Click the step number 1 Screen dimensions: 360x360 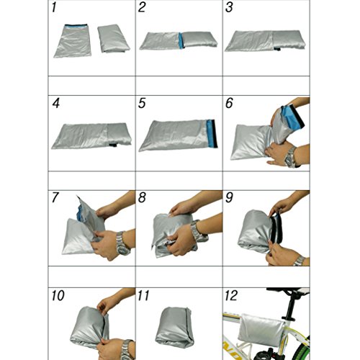tap(54, 7)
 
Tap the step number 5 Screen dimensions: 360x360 tap(142, 103)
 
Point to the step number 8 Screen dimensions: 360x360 tap(142, 197)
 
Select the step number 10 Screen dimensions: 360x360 tap(58, 295)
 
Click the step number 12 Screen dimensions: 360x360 tap(231, 295)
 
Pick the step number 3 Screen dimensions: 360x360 tap(229, 7)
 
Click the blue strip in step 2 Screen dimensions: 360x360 tap(181, 40)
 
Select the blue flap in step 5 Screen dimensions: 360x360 tap(212, 133)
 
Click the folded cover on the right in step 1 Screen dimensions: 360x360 tap(113, 38)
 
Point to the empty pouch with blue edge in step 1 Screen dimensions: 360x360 tap(73, 41)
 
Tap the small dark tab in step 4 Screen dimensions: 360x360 tap(113, 145)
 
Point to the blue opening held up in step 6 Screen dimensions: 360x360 tap(292, 117)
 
